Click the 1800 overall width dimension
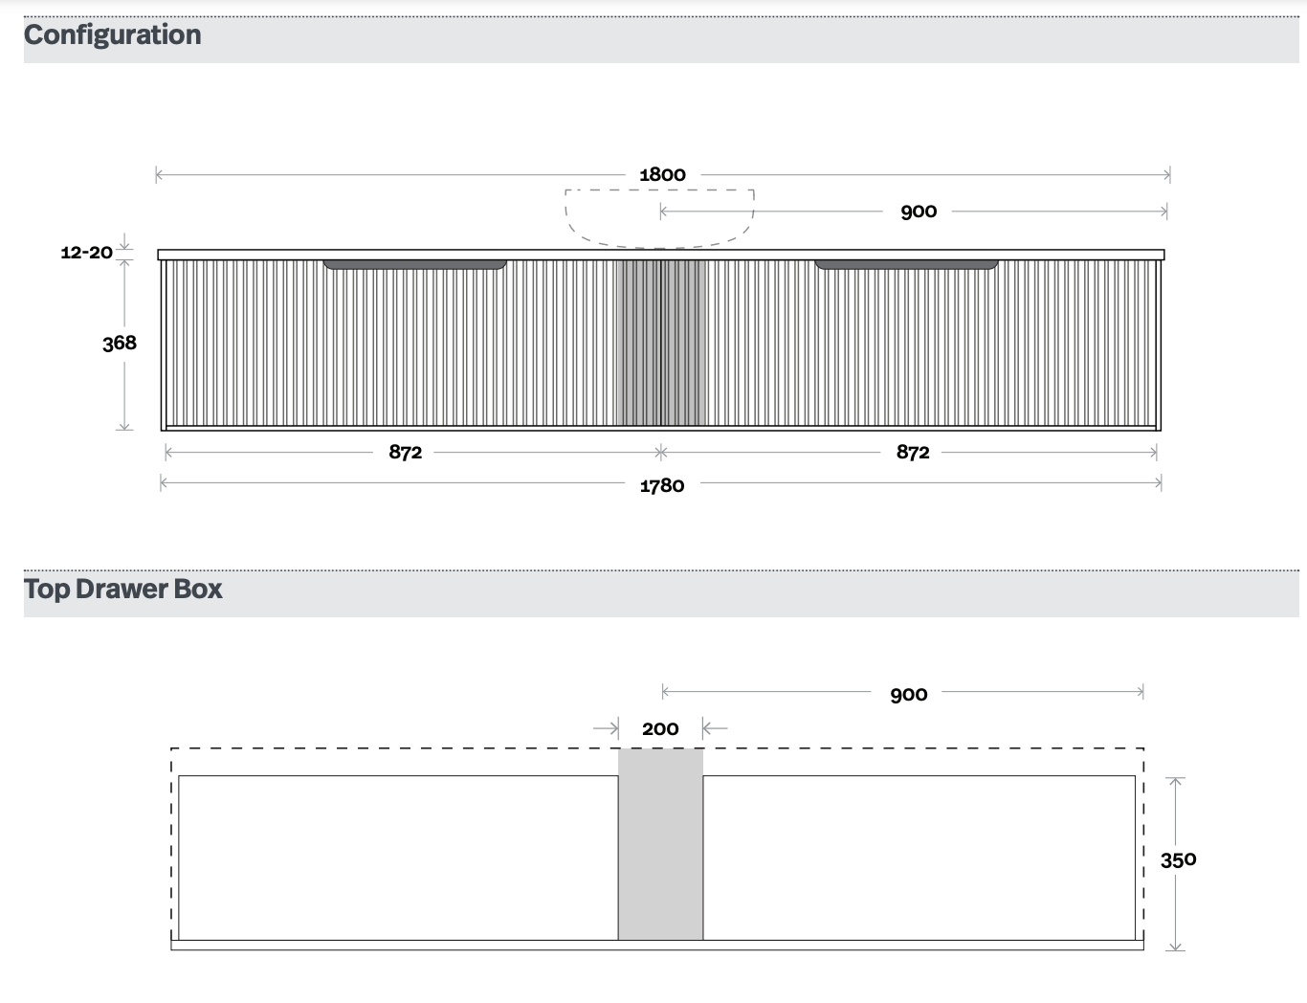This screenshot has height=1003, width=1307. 662,175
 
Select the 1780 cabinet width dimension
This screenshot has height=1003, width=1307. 661,485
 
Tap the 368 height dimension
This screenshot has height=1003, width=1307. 119,344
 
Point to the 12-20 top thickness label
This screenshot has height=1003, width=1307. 87,252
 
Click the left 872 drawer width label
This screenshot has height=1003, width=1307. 406,452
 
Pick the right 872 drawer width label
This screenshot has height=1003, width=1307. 913,452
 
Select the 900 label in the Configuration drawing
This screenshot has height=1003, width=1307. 919,212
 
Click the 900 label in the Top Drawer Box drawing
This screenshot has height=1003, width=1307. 908,695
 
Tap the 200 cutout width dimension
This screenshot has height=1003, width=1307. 660,729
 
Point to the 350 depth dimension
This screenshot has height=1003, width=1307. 1178,860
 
